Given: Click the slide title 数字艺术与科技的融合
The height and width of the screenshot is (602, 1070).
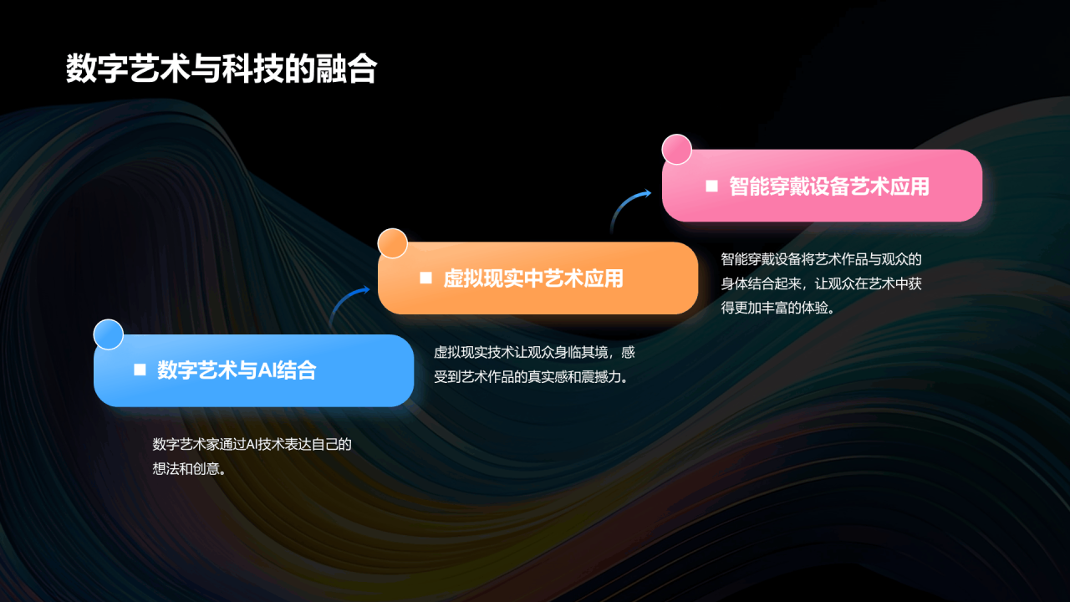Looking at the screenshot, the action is pos(222,69).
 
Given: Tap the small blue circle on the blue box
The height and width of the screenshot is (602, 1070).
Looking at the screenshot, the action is pos(109,334).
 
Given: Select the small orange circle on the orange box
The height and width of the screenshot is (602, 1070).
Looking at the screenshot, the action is pos(393,243).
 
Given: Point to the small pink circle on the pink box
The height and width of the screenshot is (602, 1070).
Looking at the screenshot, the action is pos(677,150).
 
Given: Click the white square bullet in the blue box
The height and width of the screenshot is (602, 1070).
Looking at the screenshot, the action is pos(140,370).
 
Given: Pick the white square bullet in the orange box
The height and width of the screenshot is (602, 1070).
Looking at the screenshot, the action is pos(425,278).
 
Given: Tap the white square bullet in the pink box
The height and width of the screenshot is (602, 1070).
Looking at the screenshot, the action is pos(711,186).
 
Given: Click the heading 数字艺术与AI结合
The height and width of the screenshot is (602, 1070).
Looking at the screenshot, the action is pos(237,370).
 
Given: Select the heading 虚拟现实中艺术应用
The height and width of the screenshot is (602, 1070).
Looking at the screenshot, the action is pos(533,278).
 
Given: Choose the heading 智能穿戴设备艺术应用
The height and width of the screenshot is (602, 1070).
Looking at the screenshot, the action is pos(829,186).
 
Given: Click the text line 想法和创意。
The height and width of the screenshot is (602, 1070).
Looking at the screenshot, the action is pos(189,469).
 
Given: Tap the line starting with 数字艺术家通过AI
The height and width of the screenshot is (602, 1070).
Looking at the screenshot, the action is pos(252,444).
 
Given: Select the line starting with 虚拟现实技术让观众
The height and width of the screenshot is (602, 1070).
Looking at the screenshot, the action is pos(534,353).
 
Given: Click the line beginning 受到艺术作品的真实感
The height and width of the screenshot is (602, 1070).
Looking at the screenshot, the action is pos(531,377).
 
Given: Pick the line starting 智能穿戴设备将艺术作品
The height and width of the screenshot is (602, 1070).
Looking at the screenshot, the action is pos(821,259).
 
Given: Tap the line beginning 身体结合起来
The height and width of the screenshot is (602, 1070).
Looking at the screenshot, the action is pos(821,283).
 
